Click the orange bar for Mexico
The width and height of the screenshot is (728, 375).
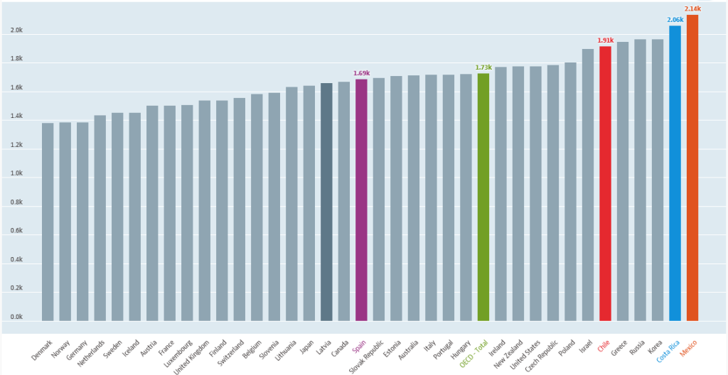click(692, 168)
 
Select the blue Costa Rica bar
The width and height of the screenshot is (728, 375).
click(675, 173)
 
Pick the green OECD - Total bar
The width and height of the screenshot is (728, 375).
click(483, 197)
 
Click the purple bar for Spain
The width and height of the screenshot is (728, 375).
click(361, 200)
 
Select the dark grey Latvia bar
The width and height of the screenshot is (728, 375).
click(326, 202)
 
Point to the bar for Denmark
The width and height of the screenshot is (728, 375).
click(48, 222)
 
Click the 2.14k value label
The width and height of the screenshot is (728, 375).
click(692, 9)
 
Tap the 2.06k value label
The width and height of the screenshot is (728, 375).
click(675, 19)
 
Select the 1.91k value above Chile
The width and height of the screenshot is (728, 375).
click(605, 40)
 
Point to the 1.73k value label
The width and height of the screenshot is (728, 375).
click(483, 67)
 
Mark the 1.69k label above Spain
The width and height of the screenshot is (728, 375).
click(361, 73)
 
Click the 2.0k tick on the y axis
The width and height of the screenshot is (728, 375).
click(16, 31)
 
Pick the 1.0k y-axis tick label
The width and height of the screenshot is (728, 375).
click(16, 174)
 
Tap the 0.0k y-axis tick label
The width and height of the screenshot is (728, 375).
click(16, 317)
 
